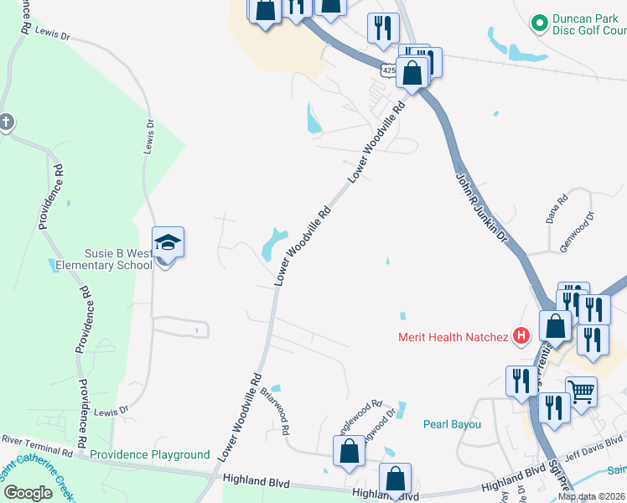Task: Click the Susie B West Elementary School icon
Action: click(x=168, y=243)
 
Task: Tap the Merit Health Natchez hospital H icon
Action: click(x=521, y=337)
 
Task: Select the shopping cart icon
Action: click(x=581, y=390)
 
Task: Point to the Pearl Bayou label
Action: click(x=452, y=424)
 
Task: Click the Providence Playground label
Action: click(x=149, y=454)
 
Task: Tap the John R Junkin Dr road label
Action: click(x=482, y=208)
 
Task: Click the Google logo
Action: click(x=27, y=492)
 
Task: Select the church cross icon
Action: click(x=6, y=122)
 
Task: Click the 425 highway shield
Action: click(x=387, y=71)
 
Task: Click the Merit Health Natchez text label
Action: click(x=453, y=338)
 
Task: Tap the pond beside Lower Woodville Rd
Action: click(x=273, y=244)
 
